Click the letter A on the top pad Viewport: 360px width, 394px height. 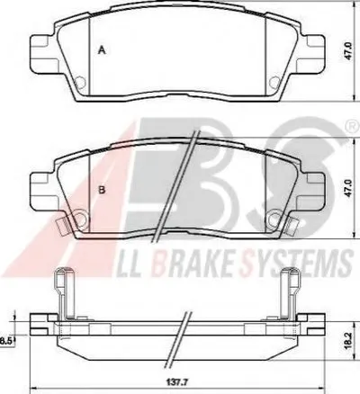[x=103, y=50]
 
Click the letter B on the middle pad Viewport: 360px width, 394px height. [x=102, y=190]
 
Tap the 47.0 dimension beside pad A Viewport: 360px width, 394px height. [x=348, y=51]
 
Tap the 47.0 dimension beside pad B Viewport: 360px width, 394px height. [x=348, y=188]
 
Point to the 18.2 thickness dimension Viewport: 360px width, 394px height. [x=349, y=340]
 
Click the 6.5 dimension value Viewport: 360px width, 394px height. [x=5, y=340]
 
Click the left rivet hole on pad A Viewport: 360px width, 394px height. [x=81, y=82]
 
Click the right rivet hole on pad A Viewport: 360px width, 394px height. [x=274, y=82]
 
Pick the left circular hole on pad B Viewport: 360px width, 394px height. [x=80, y=219]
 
